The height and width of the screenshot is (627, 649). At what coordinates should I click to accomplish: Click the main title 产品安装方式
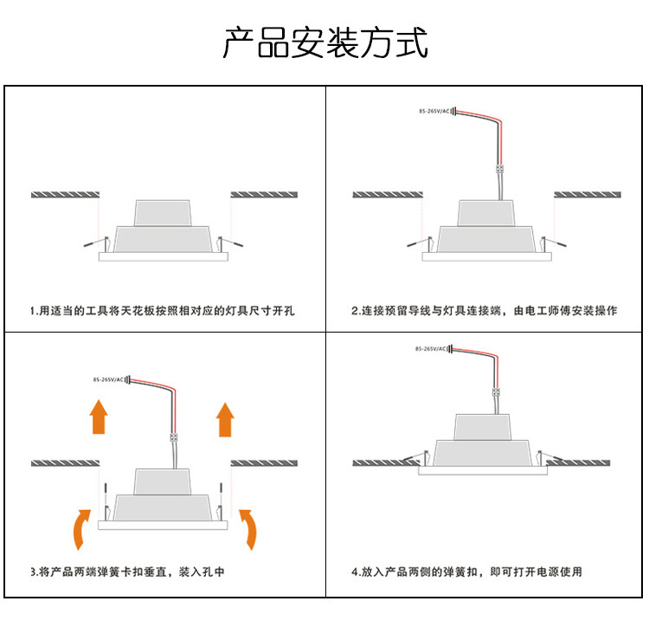click(324, 42)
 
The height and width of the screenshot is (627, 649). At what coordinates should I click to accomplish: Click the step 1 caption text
click(163, 309)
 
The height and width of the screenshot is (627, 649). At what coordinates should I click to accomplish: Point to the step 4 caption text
click(466, 572)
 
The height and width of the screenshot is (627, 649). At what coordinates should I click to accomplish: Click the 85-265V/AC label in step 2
click(434, 112)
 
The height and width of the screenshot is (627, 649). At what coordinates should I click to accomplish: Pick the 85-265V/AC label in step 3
click(108, 379)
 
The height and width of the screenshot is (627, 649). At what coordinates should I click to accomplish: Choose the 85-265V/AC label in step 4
click(431, 348)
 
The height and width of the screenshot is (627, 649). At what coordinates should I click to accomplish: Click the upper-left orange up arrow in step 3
click(99, 417)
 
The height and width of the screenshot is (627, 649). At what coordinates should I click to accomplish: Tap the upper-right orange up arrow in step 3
click(226, 417)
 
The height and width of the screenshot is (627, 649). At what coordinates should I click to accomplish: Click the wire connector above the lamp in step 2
click(499, 169)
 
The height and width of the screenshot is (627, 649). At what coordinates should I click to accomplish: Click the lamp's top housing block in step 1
click(163, 211)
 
